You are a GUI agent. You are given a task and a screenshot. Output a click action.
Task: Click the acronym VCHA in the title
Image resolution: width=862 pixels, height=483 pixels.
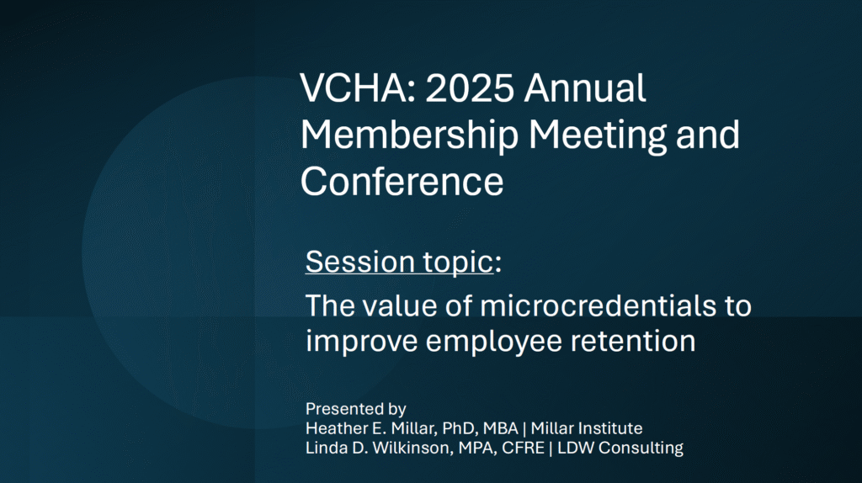tap(354, 88)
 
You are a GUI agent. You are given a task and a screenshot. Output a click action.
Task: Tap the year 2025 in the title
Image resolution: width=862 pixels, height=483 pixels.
tap(470, 88)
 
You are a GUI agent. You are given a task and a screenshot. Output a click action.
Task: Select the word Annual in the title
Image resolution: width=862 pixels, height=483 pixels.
tap(585, 88)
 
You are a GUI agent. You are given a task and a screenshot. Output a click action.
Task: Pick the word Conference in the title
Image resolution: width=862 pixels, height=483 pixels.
tap(402, 182)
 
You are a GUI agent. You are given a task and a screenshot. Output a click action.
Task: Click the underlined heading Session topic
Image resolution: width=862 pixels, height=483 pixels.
tap(400, 262)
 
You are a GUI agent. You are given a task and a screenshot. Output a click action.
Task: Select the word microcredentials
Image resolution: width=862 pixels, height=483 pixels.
tap(599, 306)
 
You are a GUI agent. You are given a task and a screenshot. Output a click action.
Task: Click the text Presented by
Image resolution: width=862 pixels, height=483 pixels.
tap(356, 409)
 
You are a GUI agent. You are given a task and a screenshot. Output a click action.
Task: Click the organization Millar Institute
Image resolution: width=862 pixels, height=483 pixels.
tap(587, 428)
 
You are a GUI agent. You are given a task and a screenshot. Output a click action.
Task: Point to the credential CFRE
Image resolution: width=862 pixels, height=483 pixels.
tap(523, 448)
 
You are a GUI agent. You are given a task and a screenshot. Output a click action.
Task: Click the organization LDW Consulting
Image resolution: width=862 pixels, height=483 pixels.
tap(620, 448)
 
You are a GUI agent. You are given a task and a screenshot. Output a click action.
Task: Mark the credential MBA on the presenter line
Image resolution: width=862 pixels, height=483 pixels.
tap(500, 428)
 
